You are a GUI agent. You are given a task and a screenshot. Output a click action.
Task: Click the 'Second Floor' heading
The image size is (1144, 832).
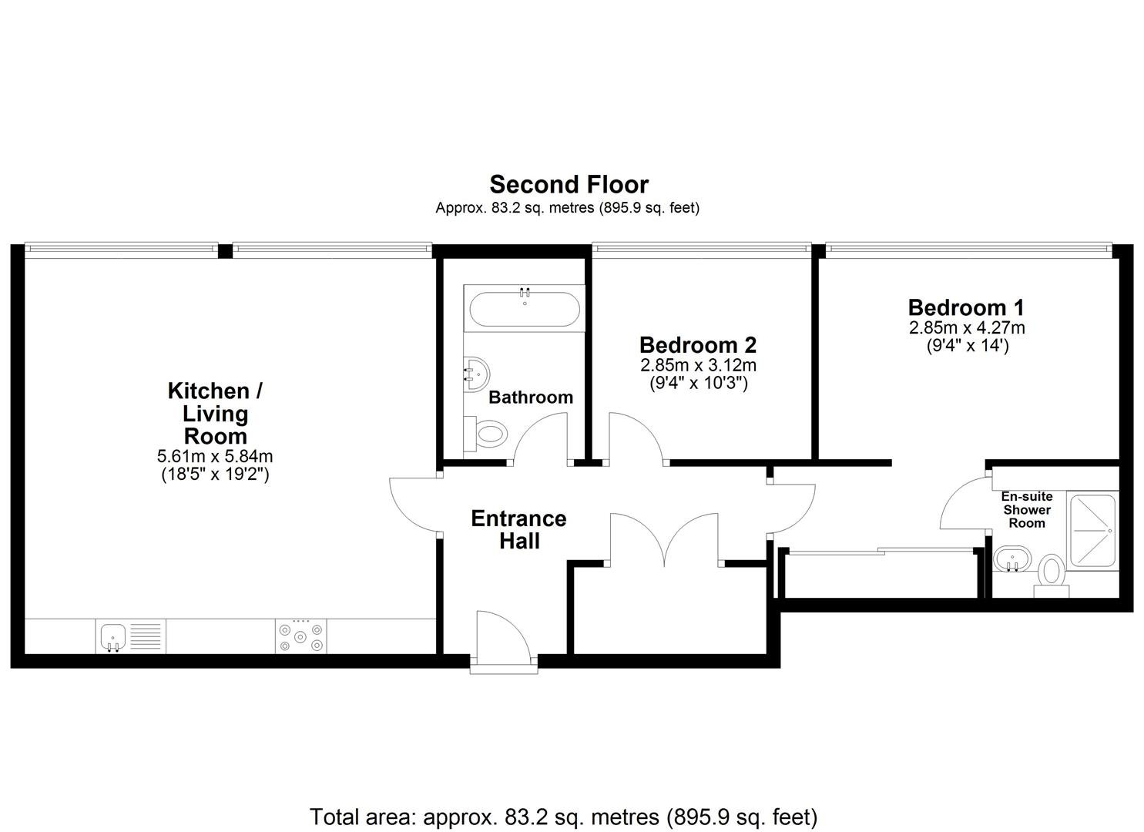pyautogui.click(x=569, y=185)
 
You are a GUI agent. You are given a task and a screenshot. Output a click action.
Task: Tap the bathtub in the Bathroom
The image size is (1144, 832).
pyautogui.click(x=525, y=309)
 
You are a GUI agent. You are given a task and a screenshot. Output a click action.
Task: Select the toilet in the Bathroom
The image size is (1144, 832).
pyautogui.click(x=485, y=434)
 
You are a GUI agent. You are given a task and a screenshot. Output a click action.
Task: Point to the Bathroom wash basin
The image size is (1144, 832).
pyautogui.click(x=477, y=374)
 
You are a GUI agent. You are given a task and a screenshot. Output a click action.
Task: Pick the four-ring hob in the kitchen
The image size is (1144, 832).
pyautogui.click(x=300, y=636)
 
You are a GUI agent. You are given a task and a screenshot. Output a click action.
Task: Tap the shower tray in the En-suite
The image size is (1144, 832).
pyautogui.click(x=1092, y=531)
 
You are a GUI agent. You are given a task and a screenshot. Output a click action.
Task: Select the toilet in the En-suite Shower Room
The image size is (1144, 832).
pyautogui.click(x=1052, y=575)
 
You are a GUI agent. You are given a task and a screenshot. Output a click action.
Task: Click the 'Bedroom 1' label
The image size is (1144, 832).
pyautogui.click(x=966, y=307)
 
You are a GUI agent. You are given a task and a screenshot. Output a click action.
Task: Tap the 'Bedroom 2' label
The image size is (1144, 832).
pyautogui.click(x=698, y=345)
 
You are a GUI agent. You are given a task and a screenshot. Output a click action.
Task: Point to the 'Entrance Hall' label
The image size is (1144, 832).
pyautogui.click(x=519, y=530)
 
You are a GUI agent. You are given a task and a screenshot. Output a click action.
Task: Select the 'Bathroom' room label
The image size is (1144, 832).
pyautogui.click(x=531, y=398)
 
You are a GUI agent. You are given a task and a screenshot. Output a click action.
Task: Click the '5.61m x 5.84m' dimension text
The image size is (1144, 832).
pyautogui.click(x=215, y=455)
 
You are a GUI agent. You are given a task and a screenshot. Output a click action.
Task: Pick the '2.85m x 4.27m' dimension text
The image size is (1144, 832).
pyautogui.click(x=967, y=327)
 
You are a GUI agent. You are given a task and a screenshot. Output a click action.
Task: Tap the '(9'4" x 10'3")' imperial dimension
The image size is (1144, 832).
pyautogui.click(x=699, y=383)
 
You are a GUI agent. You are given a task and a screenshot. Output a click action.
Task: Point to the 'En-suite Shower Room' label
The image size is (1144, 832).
pyautogui.click(x=1027, y=510)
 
